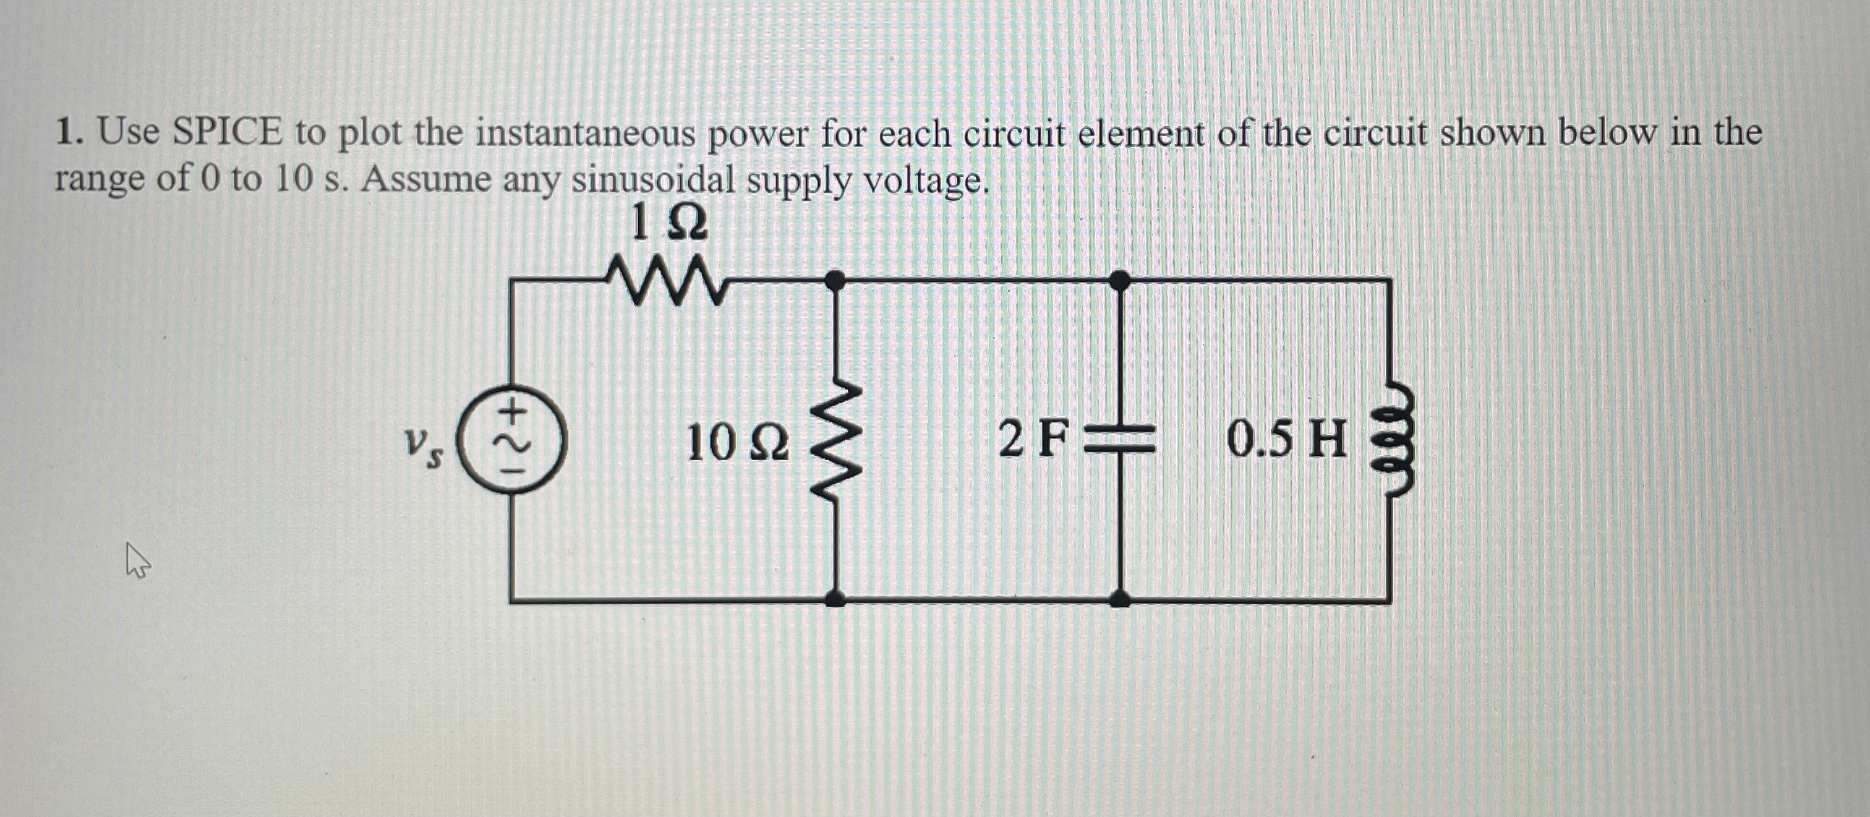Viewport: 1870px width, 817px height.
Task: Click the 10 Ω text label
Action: [x=737, y=443]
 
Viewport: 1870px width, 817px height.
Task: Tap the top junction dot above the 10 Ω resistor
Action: [x=835, y=278]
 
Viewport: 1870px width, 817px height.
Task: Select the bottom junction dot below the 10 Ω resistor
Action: [x=835, y=599]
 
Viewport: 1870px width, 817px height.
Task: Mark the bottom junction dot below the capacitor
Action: [x=1120, y=599]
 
